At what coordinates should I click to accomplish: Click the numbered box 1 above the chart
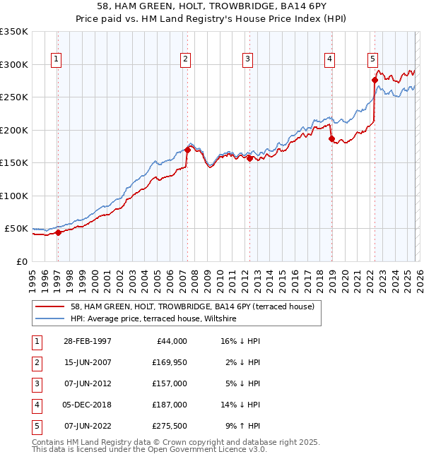tap(56, 59)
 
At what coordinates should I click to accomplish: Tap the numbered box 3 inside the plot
tap(248, 59)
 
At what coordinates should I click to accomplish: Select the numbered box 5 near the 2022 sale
tap(372, 59)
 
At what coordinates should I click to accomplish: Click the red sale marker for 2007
tap(187, 150)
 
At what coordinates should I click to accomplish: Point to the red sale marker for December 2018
tap(331, 139)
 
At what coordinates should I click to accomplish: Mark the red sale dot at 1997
tap(59, 233)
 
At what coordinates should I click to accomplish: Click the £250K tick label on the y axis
tap(14, 97)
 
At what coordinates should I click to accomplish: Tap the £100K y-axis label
tap(14, 196)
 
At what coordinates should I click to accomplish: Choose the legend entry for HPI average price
tap(153, 319)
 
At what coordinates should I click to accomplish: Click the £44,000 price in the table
tap(171, 340)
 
